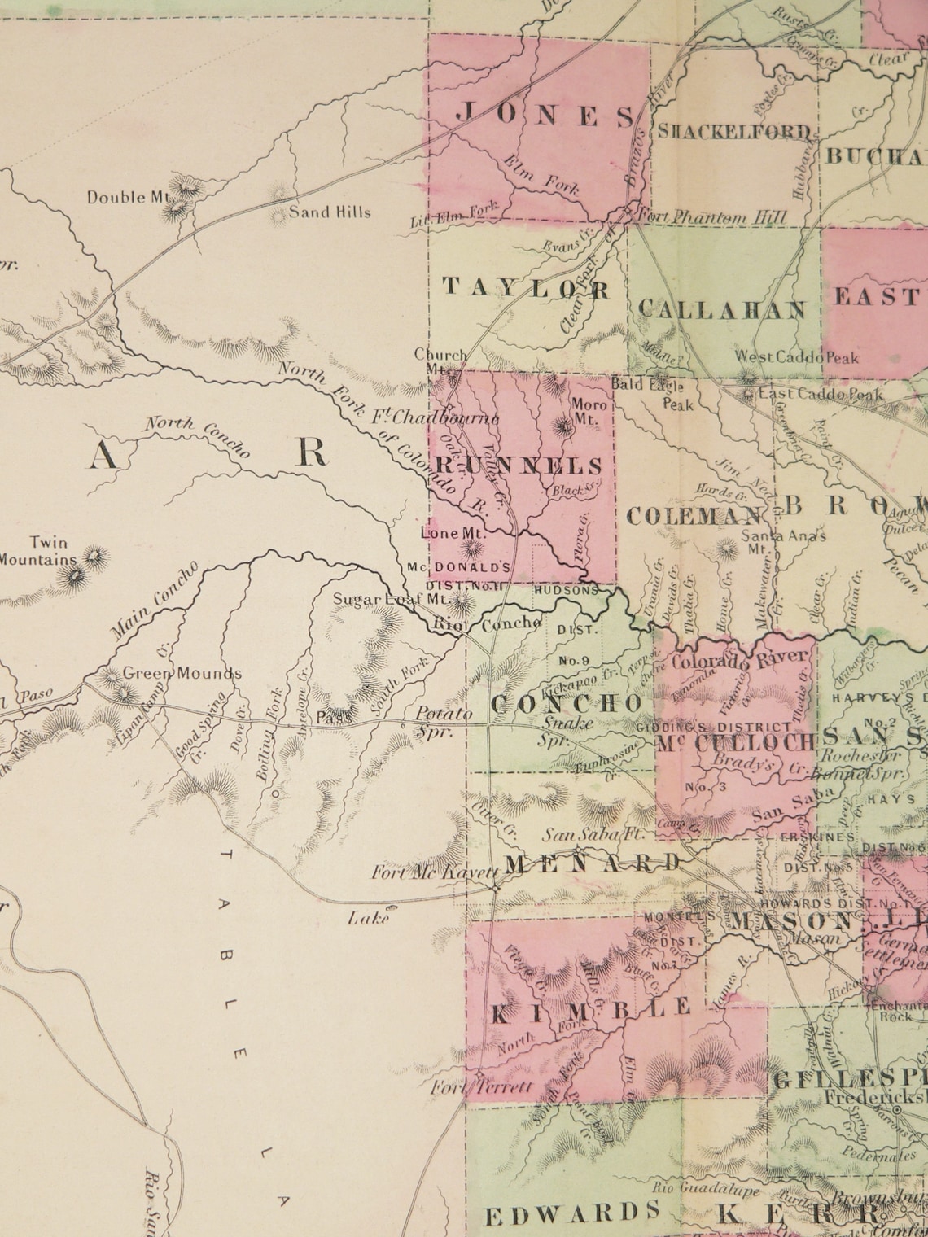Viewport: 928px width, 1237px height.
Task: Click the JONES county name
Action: tap(544, 116)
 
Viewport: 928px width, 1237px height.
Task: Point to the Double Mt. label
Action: tap(128, 197)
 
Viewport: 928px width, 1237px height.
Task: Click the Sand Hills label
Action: tap(330, 212)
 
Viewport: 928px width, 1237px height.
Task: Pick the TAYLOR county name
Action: tap(526, 288)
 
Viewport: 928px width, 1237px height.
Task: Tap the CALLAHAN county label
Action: tap(722, 309)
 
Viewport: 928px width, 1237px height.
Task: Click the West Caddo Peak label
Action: tap(797, 356)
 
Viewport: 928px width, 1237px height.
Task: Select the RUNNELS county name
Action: tap(519, 466)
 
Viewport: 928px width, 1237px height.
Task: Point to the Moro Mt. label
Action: tap(589, 412)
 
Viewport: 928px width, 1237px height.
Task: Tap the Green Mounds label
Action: tap(182, 673)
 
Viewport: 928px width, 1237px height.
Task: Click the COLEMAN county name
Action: tap(694, 516)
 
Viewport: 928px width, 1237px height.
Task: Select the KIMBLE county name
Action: tap(590, 1009)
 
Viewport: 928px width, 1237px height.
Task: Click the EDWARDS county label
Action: tap(572, 1214)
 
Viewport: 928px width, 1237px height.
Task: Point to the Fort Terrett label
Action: tap(483, 1087)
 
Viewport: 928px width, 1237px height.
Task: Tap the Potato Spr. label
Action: tap(444, 721)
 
